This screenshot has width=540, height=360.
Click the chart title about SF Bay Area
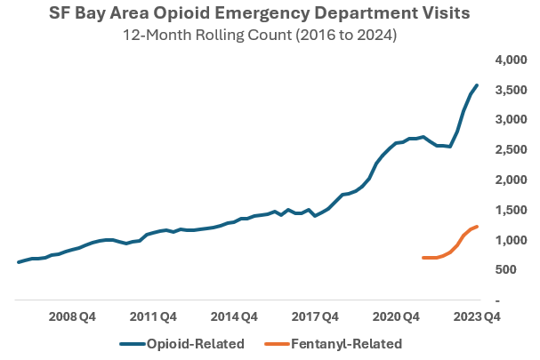[269, 15]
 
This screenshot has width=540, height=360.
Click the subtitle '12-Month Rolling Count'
[269, 36]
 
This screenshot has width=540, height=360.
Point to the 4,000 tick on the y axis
[511, 60]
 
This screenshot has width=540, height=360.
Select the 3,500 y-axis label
[511, 90]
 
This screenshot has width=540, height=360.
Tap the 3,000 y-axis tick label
[511, 120]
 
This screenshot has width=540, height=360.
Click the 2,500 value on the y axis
[511, 150]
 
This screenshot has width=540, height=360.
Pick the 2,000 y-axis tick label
[511, 180]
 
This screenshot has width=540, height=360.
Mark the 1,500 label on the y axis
[511, 211]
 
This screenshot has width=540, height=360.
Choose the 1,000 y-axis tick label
[511, 241]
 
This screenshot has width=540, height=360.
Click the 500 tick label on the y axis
[515, 270]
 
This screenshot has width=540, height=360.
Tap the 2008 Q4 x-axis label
[73, 316]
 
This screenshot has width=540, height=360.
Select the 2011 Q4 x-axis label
[155, 316]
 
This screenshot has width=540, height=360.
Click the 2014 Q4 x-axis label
[236, 316]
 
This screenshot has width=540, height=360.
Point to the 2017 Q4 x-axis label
[317, 316]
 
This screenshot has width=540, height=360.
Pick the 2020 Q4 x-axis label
[398, 316]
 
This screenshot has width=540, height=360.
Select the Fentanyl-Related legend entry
[334, 343]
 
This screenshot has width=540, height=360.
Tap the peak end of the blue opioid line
[478, 85]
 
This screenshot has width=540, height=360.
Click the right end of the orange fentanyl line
[478, 227]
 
